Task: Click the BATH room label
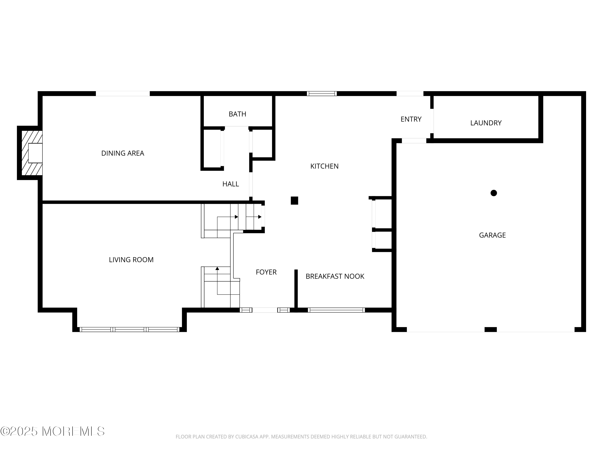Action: (x=237, y=114)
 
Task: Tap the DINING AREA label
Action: (x=123, y=153)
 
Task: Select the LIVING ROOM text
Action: (x=131, y=260)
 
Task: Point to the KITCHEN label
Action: (x=324, y=166)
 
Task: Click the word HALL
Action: (x=230, y=184)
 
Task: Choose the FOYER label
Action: (x=266, y=272)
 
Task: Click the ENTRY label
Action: (x=411, y=119)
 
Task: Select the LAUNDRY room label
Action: (x=486, y=123)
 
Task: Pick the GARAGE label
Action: (x=492, y=235)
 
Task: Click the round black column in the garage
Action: (x=493, y=193)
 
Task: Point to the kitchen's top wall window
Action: (x=322, y=93)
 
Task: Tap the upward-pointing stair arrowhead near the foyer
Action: (x=217, y=269)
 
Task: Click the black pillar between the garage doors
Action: (x=490, y=329)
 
